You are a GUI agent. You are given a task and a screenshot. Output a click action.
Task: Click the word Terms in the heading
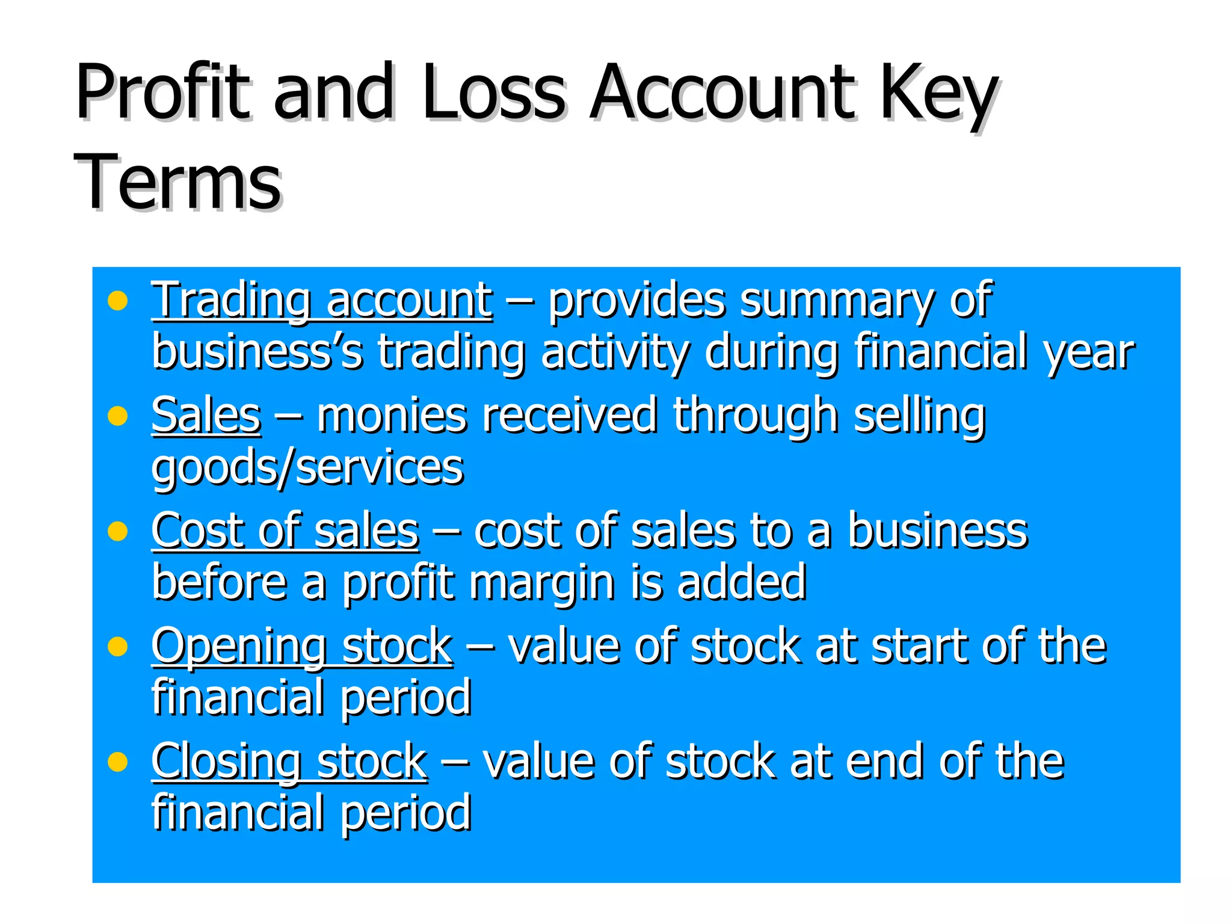(x=177, y=182)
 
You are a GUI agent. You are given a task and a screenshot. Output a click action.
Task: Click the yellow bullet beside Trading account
(x=118, y=300)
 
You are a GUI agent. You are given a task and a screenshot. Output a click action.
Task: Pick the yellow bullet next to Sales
(x=118, y=416)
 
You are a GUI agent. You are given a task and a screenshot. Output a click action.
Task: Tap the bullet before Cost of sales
(x=118, y=531)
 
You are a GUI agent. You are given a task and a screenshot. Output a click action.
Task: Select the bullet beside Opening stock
(x=118, y=647)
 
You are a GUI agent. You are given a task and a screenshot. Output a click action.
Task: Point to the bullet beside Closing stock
(x=118, y=762)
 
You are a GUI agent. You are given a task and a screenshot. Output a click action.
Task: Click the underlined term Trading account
(x=322, y=300)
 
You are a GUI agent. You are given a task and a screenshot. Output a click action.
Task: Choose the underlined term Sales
(x=206, y=416)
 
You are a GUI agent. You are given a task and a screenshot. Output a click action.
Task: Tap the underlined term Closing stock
(x=289, y=762)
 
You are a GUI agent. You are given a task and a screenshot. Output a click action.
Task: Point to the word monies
(x=392, y=416)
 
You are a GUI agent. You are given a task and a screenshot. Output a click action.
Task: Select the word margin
(x=541, y=584)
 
